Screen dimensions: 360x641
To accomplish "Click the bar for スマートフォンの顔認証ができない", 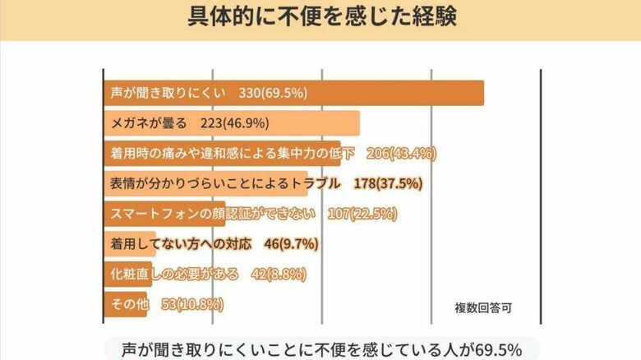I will [164, 214].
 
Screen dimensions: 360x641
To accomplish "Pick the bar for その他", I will [126, 304].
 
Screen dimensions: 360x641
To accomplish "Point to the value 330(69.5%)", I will [273, 93].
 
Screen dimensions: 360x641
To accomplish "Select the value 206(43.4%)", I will [400, 154].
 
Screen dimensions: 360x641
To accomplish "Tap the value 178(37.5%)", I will [387, 183].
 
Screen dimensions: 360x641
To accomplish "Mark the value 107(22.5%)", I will [362, 214].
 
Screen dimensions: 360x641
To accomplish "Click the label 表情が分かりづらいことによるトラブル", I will [224, 183].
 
